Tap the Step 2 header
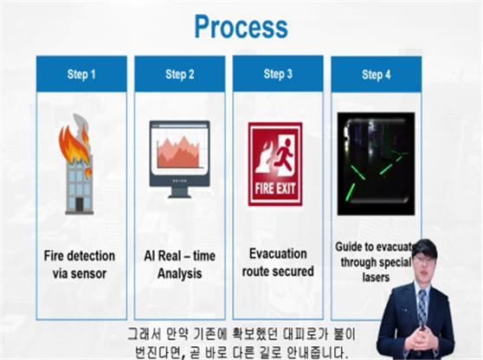tap(180, 74)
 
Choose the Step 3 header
tap(278, 74)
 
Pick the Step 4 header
tap(376, 74)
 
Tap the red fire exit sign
tap(275, 164)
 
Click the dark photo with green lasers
tap(376, 164)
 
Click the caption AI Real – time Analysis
tap(180, 264)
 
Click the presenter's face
tap(424, 265)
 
